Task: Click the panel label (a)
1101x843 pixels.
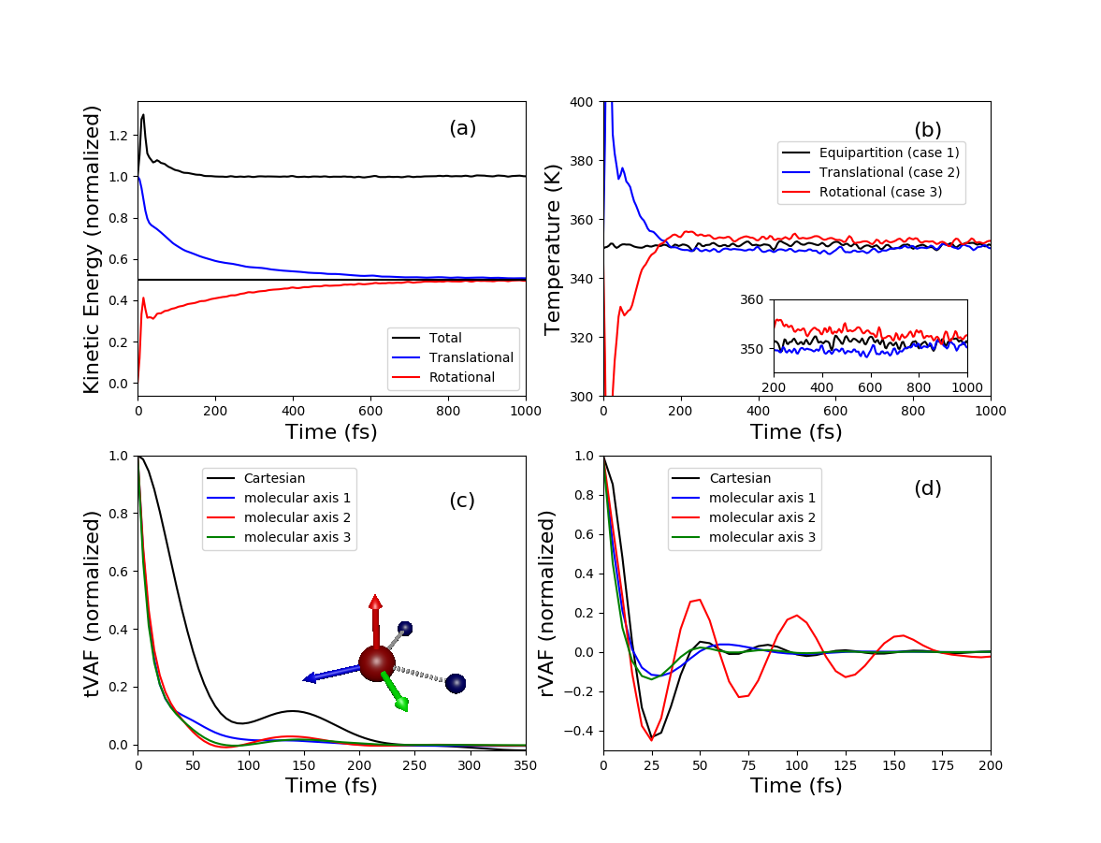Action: point(462,128)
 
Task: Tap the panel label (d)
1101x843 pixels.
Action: point(927,488)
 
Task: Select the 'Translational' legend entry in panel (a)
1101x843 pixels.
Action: point(471,357)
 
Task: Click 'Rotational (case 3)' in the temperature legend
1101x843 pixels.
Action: point(880,192)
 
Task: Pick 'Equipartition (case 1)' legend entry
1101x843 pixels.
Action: point(889,152)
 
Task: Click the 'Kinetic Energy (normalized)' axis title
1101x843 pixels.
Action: point(92,249)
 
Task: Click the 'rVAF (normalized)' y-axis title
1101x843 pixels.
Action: point(548,603)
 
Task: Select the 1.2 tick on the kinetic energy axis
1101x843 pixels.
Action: point(119,136)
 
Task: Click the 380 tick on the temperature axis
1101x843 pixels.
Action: point(582,160)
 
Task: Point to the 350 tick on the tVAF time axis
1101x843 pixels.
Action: point(525,763)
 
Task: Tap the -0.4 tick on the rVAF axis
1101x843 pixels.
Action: point(579,731)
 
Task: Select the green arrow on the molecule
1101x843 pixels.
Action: point(397,692)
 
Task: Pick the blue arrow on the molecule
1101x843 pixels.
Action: point(327,673)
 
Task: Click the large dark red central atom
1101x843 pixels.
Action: point(376,662)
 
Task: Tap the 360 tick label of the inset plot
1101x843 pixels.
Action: point(751,299)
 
